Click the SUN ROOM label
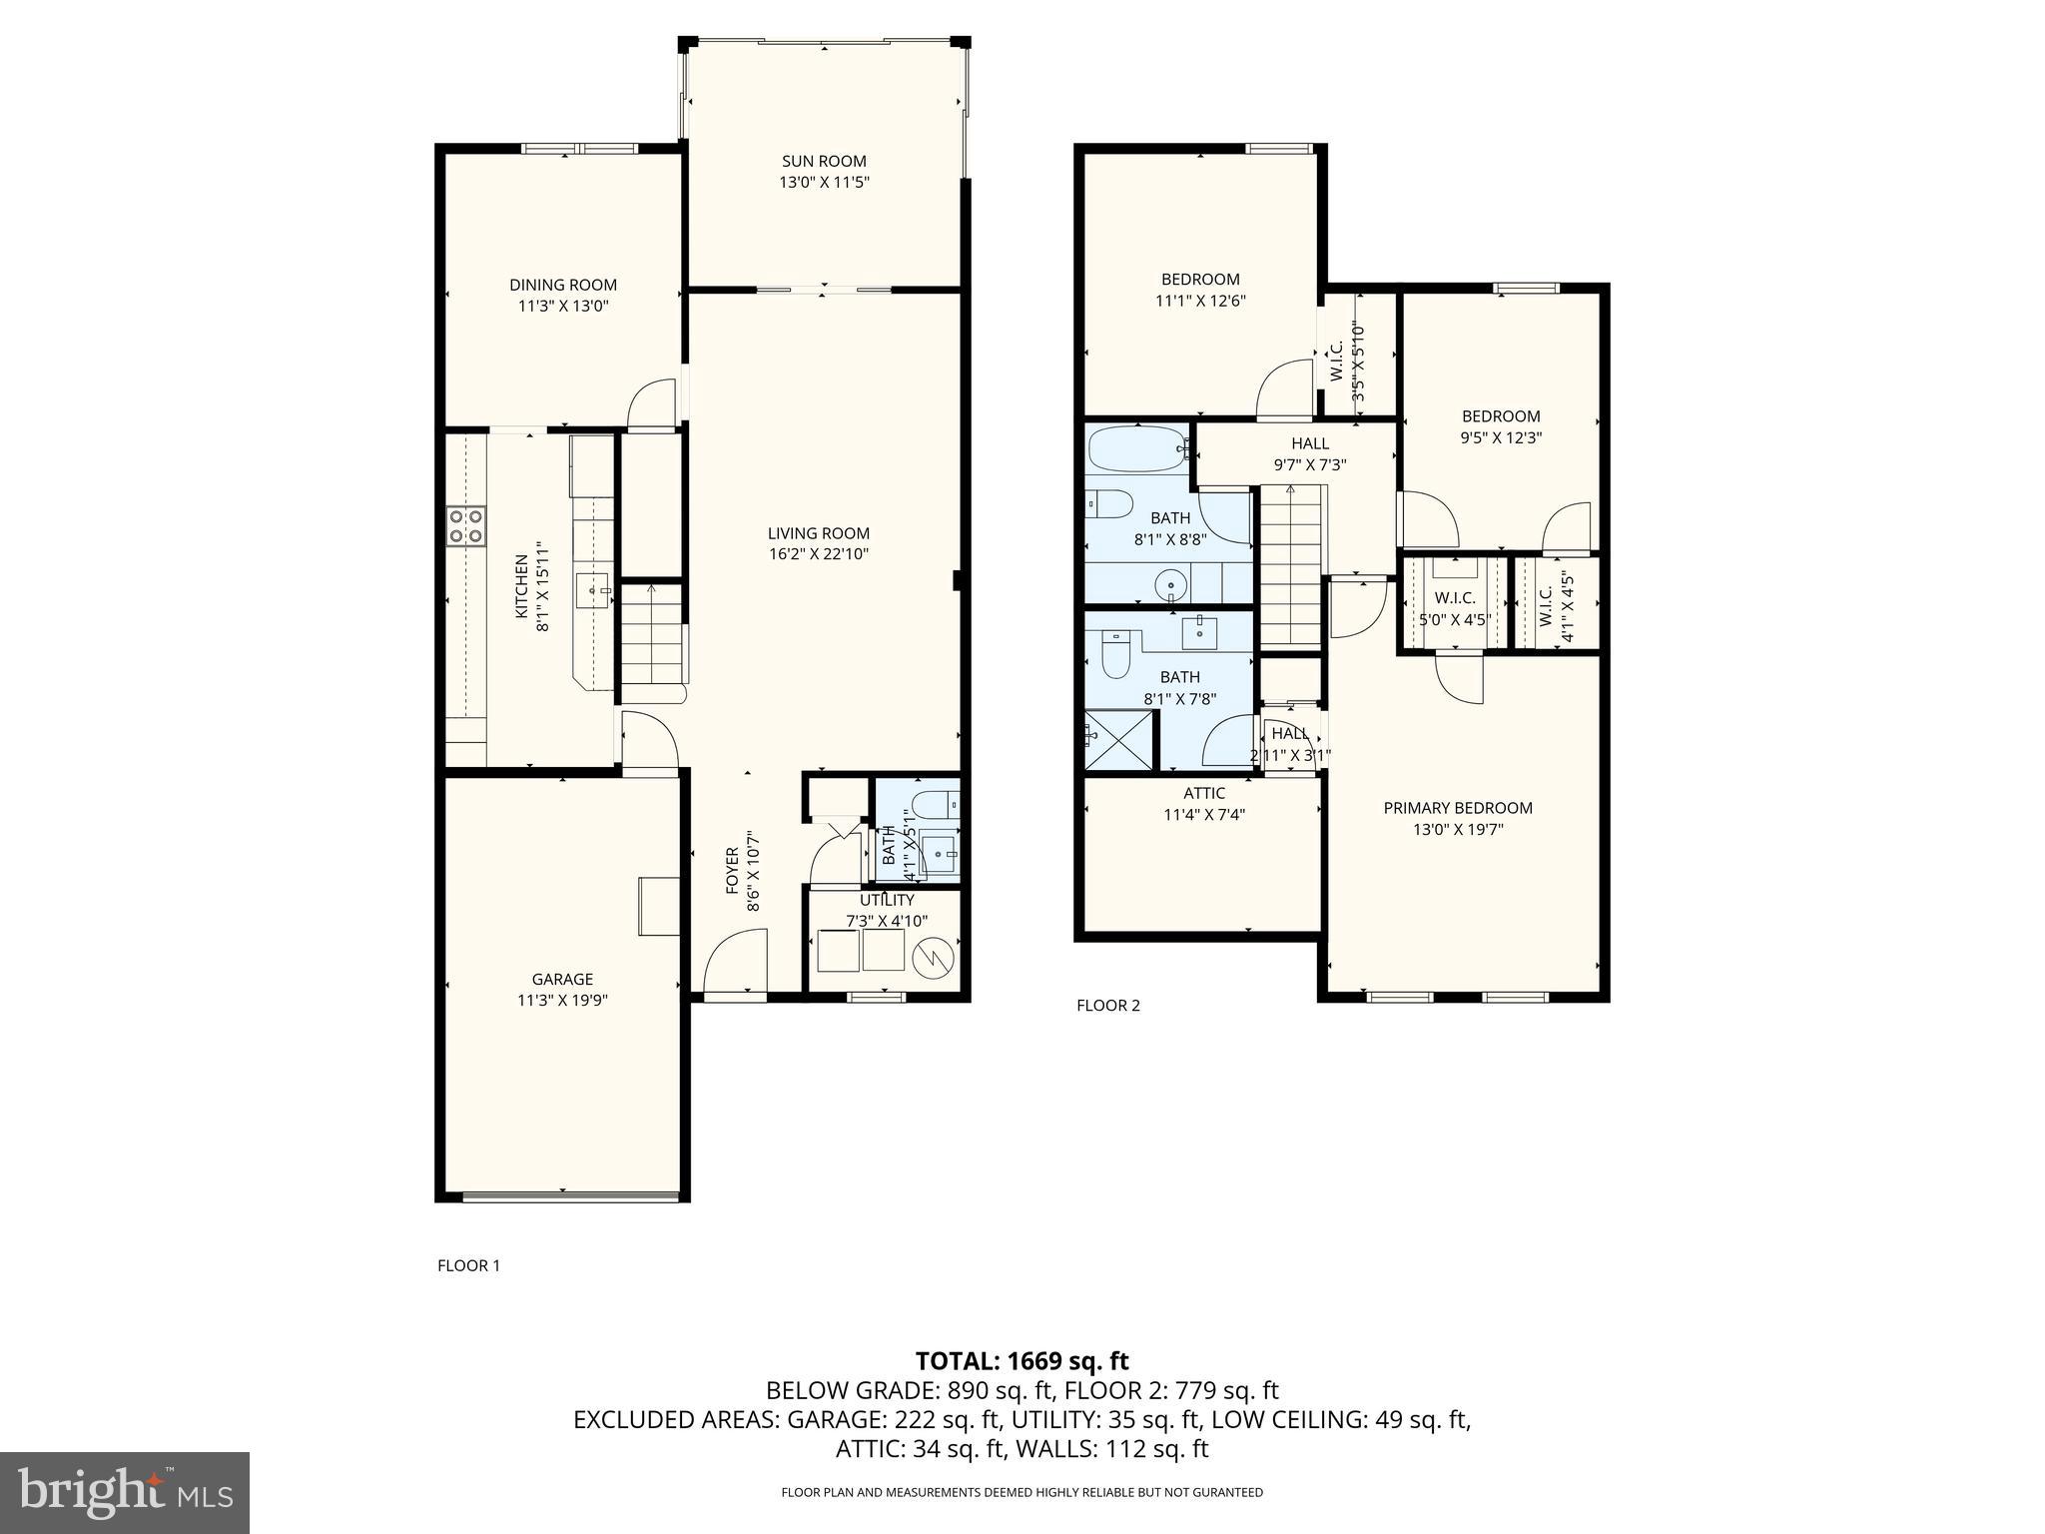click(823, 161)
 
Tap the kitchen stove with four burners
click(465, 526)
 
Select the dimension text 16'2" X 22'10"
click(818, 554)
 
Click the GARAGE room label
click(562, 979)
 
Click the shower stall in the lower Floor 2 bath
click(1118, 739)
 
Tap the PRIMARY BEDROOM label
click(1457, 808)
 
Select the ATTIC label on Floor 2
click(1203, 793)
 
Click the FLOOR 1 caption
click(468, 1265)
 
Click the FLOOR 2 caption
click(1107, 1005)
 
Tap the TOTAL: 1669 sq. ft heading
click(1022, 1360)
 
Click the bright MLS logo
click(125, 1492)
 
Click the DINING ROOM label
click(563, 285)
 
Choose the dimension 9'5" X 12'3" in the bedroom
click(1500, 437)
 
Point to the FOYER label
click(732, 870)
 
